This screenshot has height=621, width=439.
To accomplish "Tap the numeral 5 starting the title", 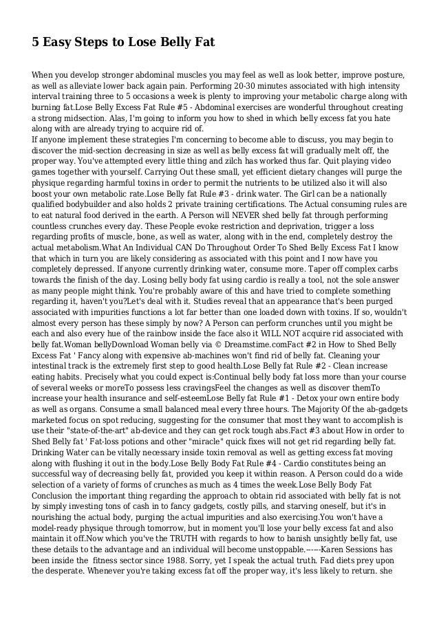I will coord(36,43).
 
